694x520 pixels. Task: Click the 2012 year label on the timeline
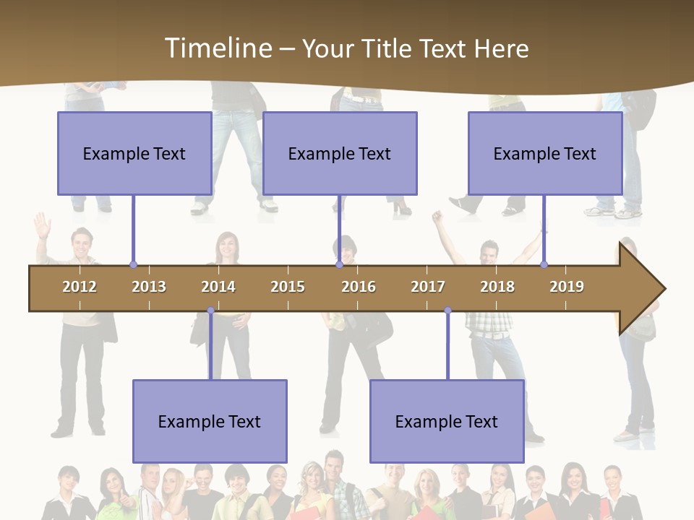[80, 287]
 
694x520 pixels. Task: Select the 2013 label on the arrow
[149, 287]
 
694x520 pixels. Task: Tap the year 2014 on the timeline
[218, 287]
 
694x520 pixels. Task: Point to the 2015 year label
[288, 287]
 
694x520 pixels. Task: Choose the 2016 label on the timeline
[359, 287]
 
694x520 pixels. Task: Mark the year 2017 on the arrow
[428, 287]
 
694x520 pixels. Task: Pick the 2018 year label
[497, 287]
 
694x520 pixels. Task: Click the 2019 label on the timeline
[567, 287]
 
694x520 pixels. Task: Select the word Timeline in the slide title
[218, 48]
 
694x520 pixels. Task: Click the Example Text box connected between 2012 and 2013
[134, 153]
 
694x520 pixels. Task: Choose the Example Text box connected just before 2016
[340, 153]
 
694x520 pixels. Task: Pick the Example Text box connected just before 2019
[545, 153]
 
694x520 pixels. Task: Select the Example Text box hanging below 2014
[210, 421]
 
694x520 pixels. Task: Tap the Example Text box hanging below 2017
[447, 421]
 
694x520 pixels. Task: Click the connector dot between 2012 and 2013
[133, 265]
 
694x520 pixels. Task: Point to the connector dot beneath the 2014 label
[210, 311]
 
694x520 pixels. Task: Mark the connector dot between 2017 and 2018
[447, 311]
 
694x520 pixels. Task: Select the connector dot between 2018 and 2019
[544, 265]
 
